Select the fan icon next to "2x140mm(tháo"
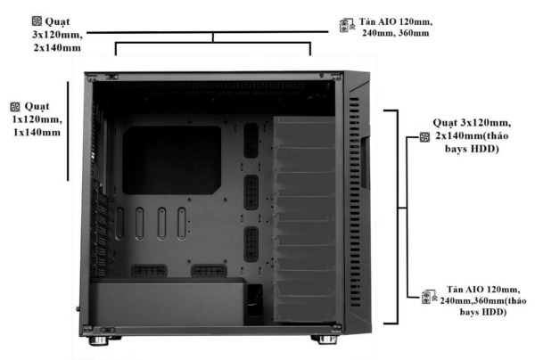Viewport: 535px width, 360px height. coord(424,138)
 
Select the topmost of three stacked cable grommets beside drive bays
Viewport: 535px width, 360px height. coord(252,137)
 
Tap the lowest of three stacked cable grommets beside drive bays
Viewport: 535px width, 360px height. coord(252,241)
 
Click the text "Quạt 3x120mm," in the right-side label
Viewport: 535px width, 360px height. coord(473,122)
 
